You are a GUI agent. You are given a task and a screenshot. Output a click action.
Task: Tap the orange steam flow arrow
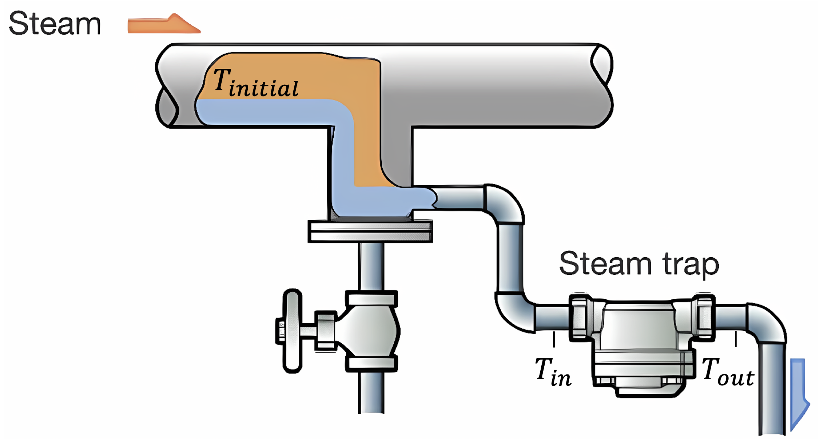[163, 25]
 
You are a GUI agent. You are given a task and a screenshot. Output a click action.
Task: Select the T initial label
[256, 83]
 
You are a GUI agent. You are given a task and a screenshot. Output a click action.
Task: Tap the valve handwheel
[292, 330]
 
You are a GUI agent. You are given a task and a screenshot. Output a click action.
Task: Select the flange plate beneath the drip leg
[370, 231]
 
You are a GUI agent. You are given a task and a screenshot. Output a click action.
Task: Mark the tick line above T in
[554, 339]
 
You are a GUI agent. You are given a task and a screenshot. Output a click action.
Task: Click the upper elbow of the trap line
[505, 203]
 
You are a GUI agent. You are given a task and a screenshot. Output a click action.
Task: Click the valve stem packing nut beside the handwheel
[325, 330]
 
